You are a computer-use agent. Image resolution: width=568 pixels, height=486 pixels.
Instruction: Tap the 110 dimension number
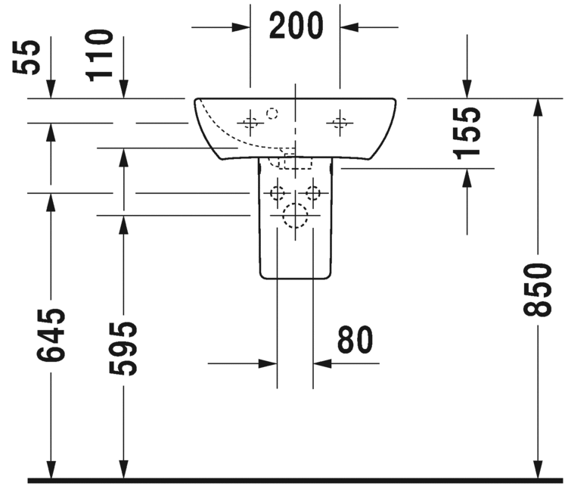coord(100,54)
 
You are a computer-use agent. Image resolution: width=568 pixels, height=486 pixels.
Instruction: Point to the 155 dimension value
coord(470,131)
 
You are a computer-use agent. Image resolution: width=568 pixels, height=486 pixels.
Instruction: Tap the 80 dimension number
coord(355,341)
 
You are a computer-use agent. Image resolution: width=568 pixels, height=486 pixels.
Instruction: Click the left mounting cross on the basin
coord(250,120)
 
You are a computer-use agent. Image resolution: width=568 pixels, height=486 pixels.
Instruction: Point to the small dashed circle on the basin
coord(272,114)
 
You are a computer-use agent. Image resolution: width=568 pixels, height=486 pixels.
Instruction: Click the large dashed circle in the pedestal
coord(294,218)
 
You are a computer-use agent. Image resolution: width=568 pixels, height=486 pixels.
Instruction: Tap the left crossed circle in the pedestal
coord(278,192)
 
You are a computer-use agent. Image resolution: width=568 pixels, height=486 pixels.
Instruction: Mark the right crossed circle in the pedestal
coord(311,192)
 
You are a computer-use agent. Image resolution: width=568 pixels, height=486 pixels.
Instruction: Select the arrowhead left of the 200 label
coord(242,27)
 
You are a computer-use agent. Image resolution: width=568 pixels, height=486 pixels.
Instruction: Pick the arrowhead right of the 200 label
coord(349,27)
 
